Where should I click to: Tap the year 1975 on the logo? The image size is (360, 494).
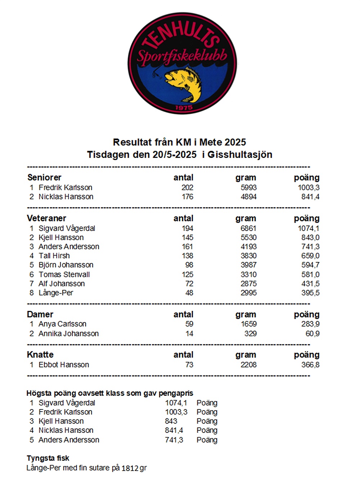(184, 108)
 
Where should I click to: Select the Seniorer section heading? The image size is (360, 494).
(44, 177)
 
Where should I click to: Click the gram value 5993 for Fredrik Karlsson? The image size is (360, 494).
(248, 187)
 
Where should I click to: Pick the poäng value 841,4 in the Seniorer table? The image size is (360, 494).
(310, 197)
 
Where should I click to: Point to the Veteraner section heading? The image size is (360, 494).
(46, 218)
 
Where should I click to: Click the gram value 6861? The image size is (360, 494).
(248, 228)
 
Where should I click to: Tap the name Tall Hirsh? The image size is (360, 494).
(54, 256)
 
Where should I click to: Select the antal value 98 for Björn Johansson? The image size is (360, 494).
(189, 265)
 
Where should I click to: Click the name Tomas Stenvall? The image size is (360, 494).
(64, 275)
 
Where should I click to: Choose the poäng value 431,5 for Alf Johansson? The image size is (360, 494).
(310, 284)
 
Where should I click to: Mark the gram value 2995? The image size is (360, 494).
(248, 293)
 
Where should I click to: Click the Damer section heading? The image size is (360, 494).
(40, 314)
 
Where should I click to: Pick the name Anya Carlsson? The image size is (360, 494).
(62, 324)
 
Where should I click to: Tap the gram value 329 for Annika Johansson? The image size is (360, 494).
(250, 334)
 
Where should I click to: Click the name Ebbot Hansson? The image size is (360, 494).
(64, 365)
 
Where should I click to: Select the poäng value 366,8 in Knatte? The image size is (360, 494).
(310, 365)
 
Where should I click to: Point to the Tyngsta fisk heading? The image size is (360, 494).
(48, 458)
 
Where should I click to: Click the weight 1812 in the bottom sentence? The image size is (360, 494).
(130, 468)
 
